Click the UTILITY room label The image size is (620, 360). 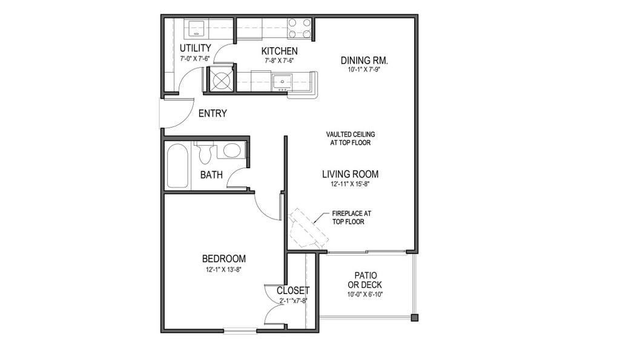click(x=196, y=48)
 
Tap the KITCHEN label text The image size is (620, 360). click(x=279, y=51)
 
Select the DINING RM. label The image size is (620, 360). click(x=364, y=61)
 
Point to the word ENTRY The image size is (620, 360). click(x=213, y=113)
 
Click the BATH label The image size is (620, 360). click(x=211, y=175)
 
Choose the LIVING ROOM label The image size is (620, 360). click(x=351, y=174)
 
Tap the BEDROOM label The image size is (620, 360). click(x=224, y=259)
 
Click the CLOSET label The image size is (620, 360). click(x=293, y=291)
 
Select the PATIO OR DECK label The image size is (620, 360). click(x=365, y=280)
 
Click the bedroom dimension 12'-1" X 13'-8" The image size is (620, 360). click(x=223, y=270)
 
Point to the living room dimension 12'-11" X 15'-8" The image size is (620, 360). click(x=351, y=184)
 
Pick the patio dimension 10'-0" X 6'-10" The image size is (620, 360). click(x=365, y=295)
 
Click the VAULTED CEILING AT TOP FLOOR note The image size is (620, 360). click(x=351, y=139)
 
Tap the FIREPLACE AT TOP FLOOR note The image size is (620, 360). click(x=352, y=217)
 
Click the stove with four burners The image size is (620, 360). click(x=299, y=28)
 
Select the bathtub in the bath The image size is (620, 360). click(x=177, y=166)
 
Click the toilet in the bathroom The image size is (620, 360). click(x=205, y=153)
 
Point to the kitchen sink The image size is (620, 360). click(x=282, y=82)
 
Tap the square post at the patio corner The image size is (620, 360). click(x=414, y=317)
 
